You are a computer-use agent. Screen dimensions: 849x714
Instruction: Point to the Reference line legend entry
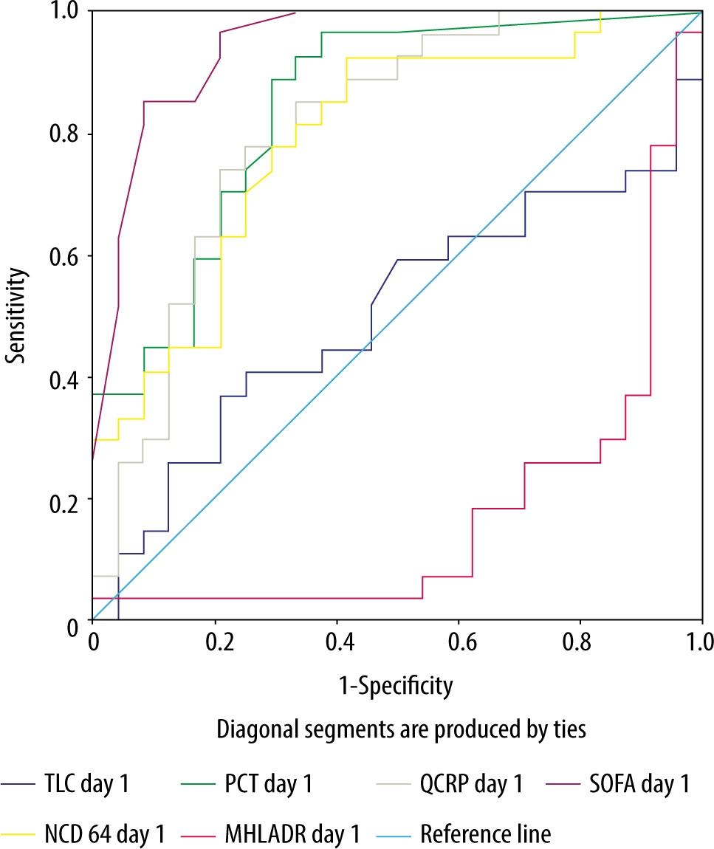[x=485, y=834]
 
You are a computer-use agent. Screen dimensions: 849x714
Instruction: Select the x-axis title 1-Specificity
[x=395, y=687]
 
